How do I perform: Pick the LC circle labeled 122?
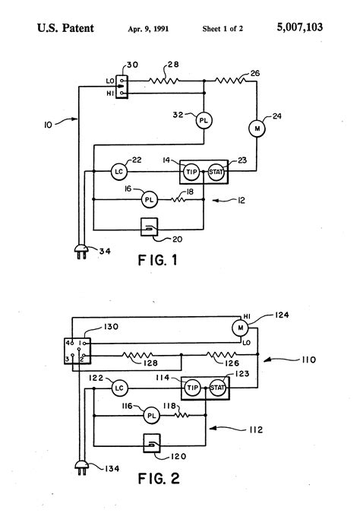pyautogui.click(x=118, y=388)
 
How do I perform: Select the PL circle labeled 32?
pyautogui.click(x=204, y=120)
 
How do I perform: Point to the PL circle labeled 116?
pyautogui.click(x=151, y=416)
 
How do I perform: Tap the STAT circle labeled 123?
pyautogui.click(x=217, y=388)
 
